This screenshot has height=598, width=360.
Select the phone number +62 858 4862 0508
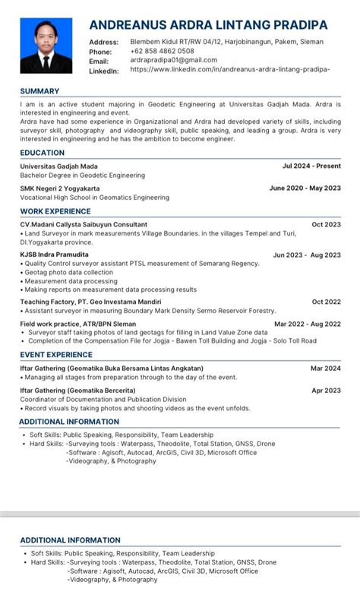pyautogui.click(x=162, y=51)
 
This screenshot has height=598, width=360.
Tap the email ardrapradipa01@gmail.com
pyautogui.click(x=173, y=60)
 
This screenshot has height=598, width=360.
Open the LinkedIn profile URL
pyautogui.click(x=229, y=70)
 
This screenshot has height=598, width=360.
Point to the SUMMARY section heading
pyautogui.click(x=39, y=91)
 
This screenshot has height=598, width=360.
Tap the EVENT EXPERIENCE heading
pyautogui.click(x=56, y=354)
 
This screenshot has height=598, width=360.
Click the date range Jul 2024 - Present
pyautogui.click(x=311, y=165)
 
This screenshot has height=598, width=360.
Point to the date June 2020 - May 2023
pyautogui.click(x=305, y=188)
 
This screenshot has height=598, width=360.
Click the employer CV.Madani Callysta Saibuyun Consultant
pyautogui.click(x=84, y=224)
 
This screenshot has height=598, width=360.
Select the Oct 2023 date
pyautogui.click(x=326, y=224)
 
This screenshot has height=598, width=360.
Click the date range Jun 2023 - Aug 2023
pyautogui.click(x=307, y=255)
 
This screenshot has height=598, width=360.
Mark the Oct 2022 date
pyautogui.click(x=326, y=302)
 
